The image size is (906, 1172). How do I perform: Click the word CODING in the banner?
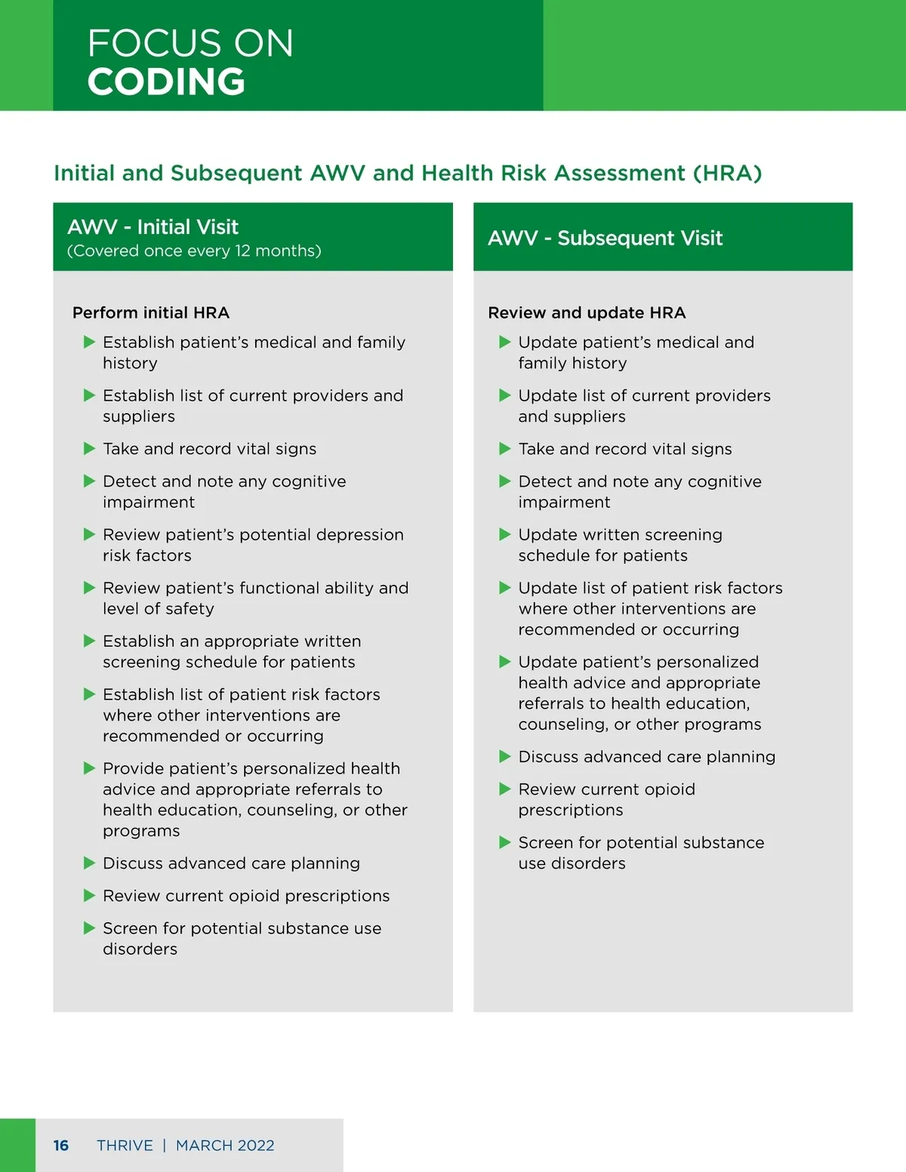point(166,82)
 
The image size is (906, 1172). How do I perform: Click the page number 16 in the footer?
point(61,1146)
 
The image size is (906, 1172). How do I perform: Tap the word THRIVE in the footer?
point(125,1146)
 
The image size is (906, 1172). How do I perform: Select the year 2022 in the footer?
point(256,1146)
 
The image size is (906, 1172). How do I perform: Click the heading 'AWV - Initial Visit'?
point(153,227)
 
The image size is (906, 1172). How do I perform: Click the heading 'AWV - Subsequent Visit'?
point(605,238)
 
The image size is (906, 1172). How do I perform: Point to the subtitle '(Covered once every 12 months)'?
point(194,251)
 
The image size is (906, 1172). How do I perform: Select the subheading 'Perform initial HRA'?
point(151,313)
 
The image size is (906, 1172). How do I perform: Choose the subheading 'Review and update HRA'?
point(587,313)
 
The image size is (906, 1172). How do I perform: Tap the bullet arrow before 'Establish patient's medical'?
point(89,343)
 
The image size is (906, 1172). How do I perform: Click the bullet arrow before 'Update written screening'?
point(505,535)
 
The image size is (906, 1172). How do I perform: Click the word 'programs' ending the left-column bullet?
point(141,831)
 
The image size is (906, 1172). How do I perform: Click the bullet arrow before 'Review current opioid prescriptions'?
point(89,896)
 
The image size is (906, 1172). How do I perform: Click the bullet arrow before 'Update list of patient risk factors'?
point(505,588)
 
